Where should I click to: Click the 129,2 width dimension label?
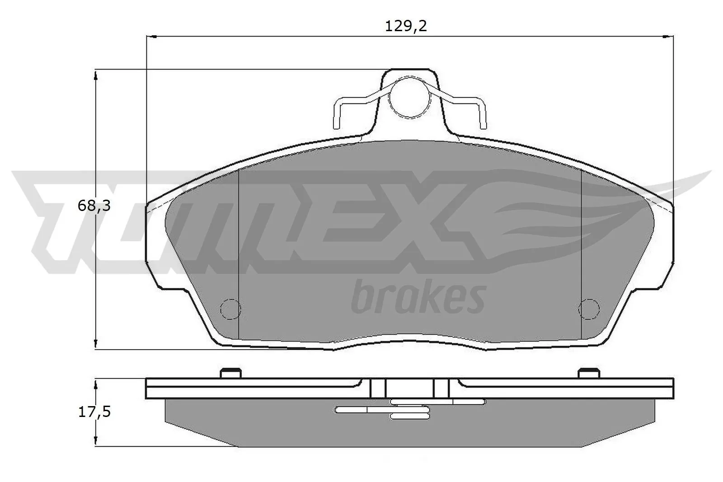[406, 26]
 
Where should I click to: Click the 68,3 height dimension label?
[94, 206]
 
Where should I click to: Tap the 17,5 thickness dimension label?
[94, 412]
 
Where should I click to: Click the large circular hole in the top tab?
[408, 97]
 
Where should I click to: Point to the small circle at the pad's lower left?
[230, 309]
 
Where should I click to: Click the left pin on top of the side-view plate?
[230, 372]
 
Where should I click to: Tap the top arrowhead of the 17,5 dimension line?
[95, 384]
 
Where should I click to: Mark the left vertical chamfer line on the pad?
[238, 253]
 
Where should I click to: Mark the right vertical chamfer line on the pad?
[581, 253]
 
